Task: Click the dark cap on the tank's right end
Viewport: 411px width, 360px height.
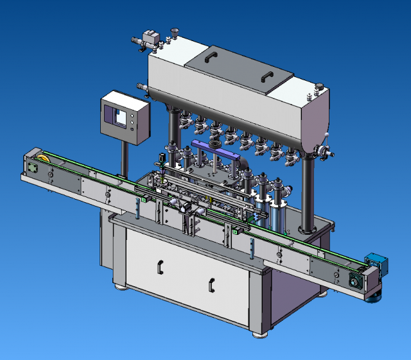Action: tap(317, 85)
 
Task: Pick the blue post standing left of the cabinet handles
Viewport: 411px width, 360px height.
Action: tap(138, 208)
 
